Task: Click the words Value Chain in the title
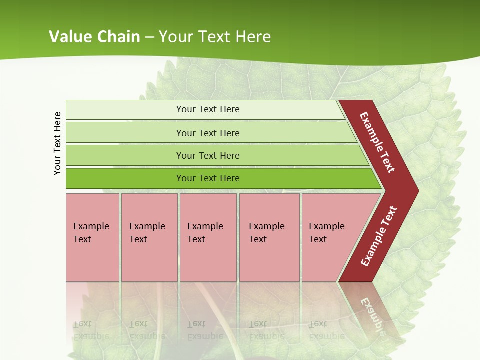94,36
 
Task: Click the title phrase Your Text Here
215,36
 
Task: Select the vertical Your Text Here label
57,143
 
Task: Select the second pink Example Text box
149,237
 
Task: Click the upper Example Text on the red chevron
377,142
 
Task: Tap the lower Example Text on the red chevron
378,236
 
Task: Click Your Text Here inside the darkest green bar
208,178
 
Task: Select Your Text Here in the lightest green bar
208,109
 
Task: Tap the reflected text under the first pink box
91,330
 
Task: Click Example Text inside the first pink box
91,232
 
